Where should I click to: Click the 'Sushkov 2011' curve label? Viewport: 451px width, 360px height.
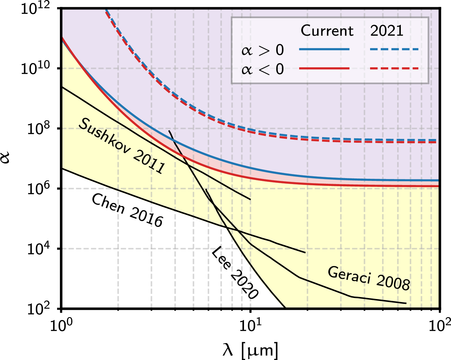(122, 146)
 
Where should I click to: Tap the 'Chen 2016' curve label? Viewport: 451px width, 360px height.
(127, 210)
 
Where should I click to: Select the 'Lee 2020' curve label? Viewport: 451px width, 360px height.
(235, 273)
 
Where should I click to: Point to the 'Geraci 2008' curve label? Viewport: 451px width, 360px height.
(369, 278)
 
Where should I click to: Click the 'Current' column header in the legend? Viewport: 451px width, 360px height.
(327, 31)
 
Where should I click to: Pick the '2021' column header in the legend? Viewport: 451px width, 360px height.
(387, 31)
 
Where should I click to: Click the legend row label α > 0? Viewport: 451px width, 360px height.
(263, 50)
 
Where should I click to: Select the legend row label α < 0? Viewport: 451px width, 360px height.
(263, 69)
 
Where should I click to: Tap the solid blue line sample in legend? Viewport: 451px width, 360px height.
(324, 49)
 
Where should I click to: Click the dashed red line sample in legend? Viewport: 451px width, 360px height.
(394, 68)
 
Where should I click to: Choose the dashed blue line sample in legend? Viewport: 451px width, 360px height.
(394, 49)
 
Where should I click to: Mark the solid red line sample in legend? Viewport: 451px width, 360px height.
(324, 68)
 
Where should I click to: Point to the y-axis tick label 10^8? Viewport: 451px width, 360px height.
(39, 129)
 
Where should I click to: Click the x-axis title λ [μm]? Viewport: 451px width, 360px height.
(250, 350)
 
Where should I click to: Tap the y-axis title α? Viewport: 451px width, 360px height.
(6, 158)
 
